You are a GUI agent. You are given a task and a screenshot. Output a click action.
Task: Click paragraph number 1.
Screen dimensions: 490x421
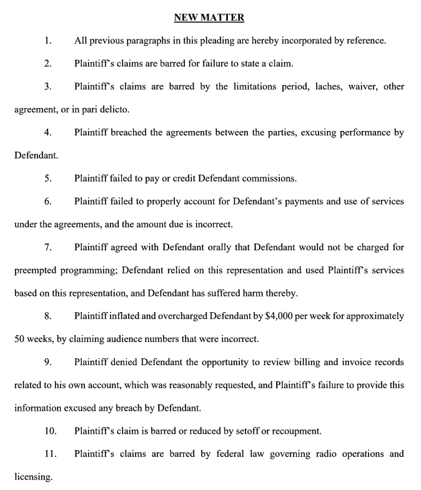47,41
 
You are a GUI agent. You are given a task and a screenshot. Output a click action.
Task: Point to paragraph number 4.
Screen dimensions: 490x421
47,132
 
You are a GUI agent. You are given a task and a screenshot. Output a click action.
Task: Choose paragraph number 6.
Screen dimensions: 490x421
47,202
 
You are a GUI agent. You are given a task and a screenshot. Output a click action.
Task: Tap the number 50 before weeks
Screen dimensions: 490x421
20,340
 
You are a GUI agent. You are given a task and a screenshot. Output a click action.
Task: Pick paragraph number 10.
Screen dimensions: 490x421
50,431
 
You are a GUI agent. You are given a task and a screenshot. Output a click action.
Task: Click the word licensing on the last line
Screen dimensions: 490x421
33,478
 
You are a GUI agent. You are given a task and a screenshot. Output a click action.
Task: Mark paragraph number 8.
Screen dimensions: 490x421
47,316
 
